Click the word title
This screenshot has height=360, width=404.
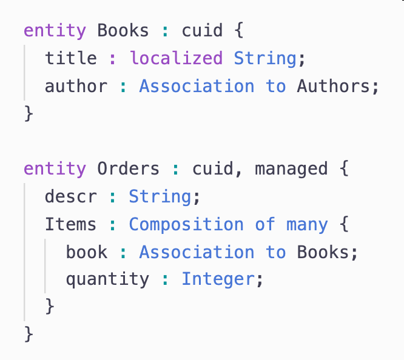point(70,58)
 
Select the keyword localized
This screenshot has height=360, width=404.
point(176,58)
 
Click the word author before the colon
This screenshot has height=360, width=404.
point(76,86)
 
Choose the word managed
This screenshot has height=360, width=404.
point(291,168)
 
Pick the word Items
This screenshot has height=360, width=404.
point(70,224)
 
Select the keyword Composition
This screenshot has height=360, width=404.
point(186,224)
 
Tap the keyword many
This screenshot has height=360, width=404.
point(307,224)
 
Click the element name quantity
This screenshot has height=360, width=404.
point(107,279)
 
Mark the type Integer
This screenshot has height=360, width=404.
point(218,279)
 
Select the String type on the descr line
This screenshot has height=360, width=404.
point(160,196)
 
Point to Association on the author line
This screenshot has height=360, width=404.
point(197,86)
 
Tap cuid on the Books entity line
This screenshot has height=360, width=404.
point(202,30)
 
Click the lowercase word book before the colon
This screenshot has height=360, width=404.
point(86,252)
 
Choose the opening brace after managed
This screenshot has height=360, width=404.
point(344,168)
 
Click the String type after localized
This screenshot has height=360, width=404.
point(265,58)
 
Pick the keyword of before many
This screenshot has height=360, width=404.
point(265,224)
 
